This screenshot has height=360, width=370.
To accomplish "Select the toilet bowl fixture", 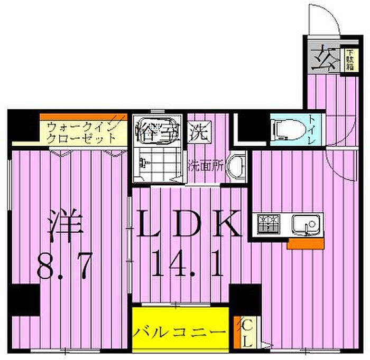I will click(286, 128).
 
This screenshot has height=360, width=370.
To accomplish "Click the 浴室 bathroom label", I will click(157, 130).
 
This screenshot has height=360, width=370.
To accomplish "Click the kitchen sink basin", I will click(307, 226).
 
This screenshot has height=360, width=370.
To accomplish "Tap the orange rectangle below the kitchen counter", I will click(298, 243).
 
